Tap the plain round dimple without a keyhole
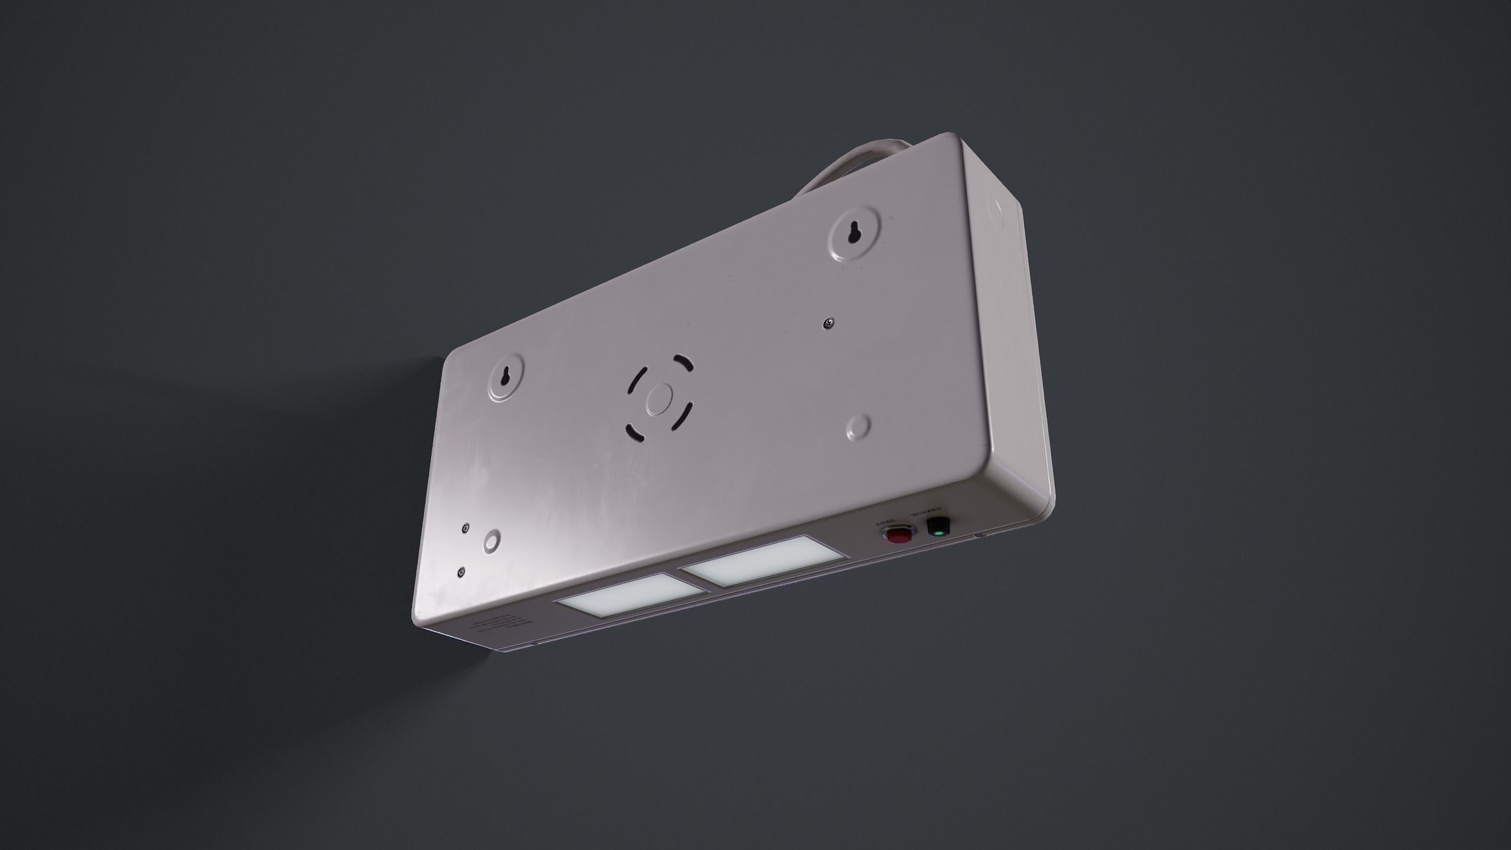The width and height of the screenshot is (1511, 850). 858,427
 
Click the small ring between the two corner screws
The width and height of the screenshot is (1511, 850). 490,541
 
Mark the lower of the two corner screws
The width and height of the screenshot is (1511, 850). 461,572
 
